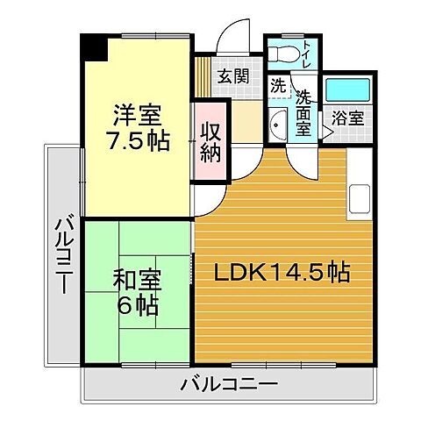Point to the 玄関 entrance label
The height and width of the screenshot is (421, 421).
click(x=232, y=75)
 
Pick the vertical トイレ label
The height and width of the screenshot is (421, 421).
click(x=307, y=55)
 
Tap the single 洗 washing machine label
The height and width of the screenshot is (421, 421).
click(x=277, y=87)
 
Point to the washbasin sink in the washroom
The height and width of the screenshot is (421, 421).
click(x=277, y=125)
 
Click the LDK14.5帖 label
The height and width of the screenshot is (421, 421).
click(x=283, y=273)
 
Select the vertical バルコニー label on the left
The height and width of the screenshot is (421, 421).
click(x=64, y=254)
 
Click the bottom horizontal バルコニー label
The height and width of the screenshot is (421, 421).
click(x=230, y=383)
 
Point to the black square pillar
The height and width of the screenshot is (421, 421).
click(x=93, y=47)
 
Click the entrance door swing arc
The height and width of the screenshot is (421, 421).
click(x=231, y=35)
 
